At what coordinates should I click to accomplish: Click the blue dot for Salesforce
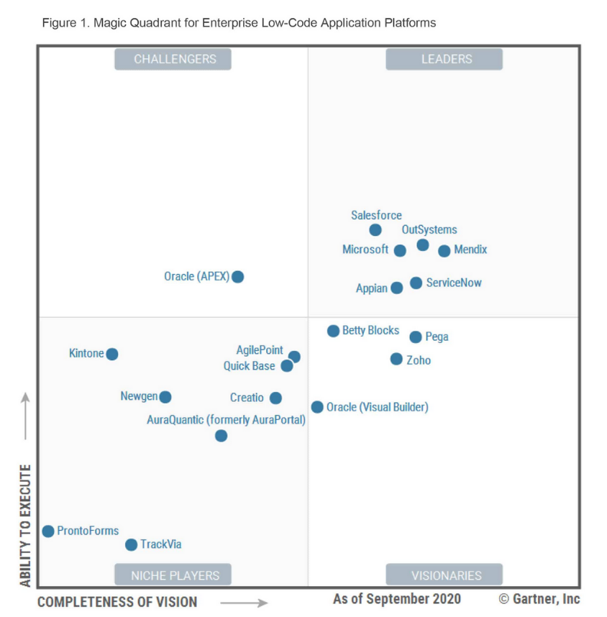(375, 230)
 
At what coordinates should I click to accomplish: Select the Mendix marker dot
(444, 251)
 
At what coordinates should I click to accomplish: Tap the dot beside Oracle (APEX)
(238, 277)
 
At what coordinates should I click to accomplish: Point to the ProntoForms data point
(48, 531)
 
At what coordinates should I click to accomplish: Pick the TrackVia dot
(131, 545)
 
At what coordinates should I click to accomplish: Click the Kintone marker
(112, 354)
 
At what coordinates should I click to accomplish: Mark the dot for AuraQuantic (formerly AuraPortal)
(222, 436)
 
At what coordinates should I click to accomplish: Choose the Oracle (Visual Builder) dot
(317, 407)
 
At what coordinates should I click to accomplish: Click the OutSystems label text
(429, 230)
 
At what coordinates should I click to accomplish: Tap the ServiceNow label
(454, 283)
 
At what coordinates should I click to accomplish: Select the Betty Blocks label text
(370, 331)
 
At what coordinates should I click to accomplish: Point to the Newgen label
(139, 396)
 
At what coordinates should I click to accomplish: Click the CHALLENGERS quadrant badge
(173, 59)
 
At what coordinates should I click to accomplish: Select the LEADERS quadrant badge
(444, 59)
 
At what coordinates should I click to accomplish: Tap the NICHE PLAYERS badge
(173, 575)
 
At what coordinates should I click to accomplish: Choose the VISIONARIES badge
(444, 575)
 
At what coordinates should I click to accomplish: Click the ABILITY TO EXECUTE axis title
(26, 526)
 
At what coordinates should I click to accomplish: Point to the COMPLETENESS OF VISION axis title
(117, 602)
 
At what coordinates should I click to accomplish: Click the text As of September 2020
(397, 599)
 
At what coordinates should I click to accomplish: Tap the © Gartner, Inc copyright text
(539, 599)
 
